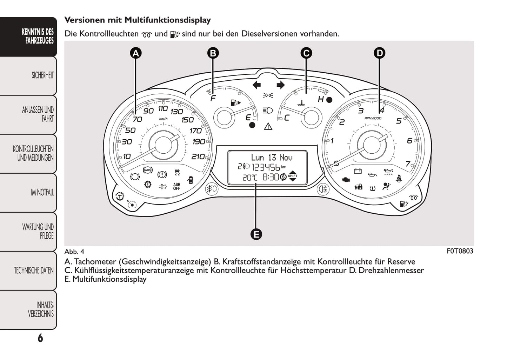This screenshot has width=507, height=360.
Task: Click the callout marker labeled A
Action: pos(136,53)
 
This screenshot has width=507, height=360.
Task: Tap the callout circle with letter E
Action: pos(256,234)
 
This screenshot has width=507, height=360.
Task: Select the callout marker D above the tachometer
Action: pos(379,53)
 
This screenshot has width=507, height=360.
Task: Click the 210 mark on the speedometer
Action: pos(198,156)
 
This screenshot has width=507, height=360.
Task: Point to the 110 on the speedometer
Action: pos(163,109)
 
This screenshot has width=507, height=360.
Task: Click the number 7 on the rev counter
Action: pos(408,164)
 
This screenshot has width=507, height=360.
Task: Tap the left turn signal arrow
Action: pos(257,85)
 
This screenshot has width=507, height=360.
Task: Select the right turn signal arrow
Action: pos(280,85)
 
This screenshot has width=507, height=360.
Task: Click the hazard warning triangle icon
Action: pos(268,126)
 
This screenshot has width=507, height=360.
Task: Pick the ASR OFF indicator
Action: pos(176,186)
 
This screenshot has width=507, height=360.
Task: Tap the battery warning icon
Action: pos(358,171)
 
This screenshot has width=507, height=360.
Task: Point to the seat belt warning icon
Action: pos(399,179)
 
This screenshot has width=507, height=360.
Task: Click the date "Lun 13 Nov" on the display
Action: pos(272,158)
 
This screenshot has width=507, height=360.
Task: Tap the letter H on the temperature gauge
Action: pos(321,99)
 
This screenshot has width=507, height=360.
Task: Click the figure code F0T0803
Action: pos(460,251)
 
